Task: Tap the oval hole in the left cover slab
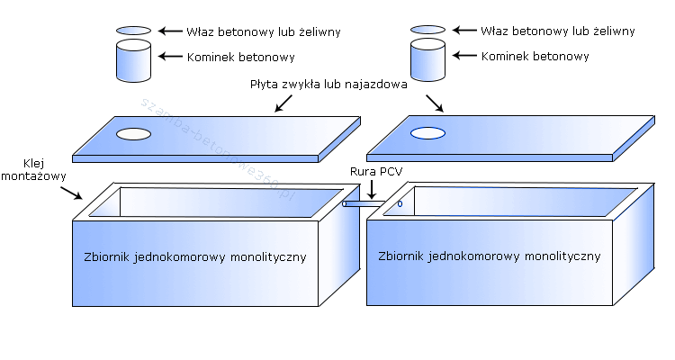point(134,134)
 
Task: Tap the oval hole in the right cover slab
point(428,133)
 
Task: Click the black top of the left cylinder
point(134,31)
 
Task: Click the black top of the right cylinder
point(429,31)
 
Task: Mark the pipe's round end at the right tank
point(400,204)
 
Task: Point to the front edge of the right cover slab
point(490,158)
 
